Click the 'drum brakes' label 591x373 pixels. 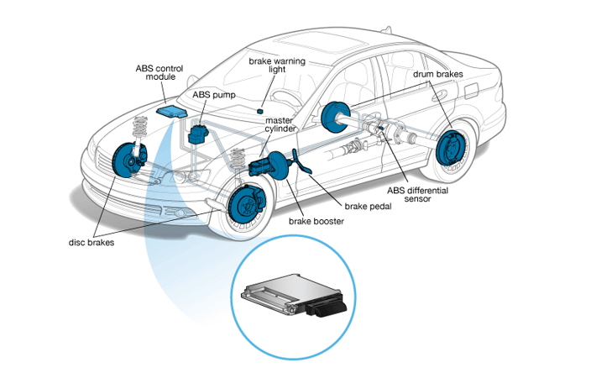pos(437,75)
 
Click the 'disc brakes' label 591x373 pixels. pos(92,242)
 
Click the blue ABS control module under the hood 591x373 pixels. pos(174,112)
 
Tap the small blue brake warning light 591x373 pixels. pos(261,110)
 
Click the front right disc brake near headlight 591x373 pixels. pos(123,160)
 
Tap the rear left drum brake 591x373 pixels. pos(336,116)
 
